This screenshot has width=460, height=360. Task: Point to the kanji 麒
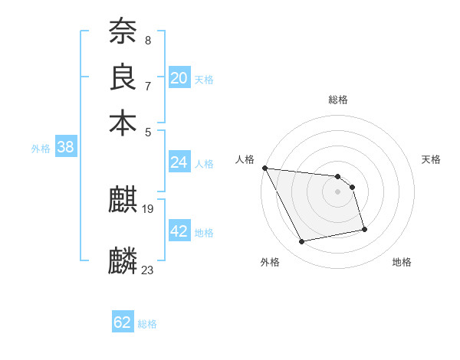pyautogui.click(x=123, y=201)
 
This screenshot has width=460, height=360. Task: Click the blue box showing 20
pyautogui.click(x=179, y=78)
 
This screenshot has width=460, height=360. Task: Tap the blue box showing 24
pyautogui.click(x=179, y=162)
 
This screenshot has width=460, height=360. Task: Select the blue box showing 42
pyautogui.click(x=179, y=231)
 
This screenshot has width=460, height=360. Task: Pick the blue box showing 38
pyautogui.click(x=65, y=148)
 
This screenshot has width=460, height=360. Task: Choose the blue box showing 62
pyautogui.click(x=123, y=322)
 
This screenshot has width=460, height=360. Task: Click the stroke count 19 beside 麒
pyautogui.click(x=148, y=208)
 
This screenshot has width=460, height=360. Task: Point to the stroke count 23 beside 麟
pyautogui.click(x=147, y=270)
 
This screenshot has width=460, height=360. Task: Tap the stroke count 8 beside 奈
pyautogui.click(x=147, y=40)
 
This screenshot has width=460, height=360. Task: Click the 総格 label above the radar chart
pyautogui.click(x=337, y=100)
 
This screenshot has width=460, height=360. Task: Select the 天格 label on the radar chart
pyautogui.click(x=431, y=159)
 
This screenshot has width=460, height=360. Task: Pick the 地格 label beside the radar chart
pyautogui.click(x=402, y=262)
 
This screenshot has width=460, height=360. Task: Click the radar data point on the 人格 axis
pyautogui.click(x=264, y=168)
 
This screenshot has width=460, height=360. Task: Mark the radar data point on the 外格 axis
pyautogui.click(x=302, y=242)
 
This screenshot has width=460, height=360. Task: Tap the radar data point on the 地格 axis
pyautogui.click(x=364, y=229)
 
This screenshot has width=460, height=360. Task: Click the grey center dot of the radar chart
pyautogui.click(x=337, y=191)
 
